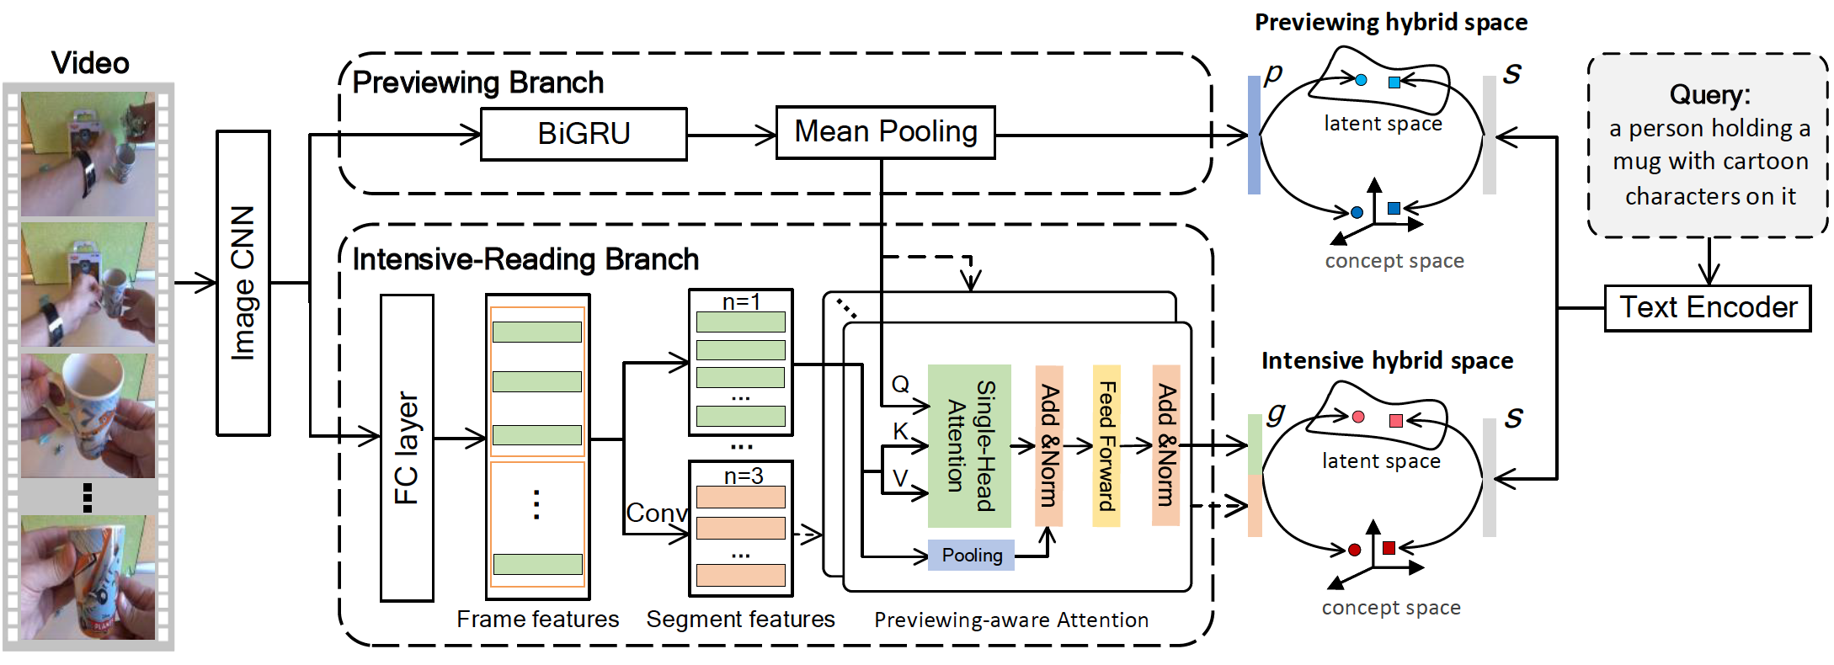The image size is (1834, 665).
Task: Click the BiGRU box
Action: pos(584,134)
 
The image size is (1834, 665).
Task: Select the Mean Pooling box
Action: pos(885,132)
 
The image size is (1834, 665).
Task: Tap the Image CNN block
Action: pos(243,283)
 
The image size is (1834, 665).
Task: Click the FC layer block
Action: pos(407,448)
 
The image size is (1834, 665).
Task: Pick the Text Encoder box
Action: pos(1708,308)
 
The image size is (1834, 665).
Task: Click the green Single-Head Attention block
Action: pos(969,445)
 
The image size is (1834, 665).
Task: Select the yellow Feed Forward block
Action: pos(1106,445)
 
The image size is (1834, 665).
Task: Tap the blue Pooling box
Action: pos(971,556)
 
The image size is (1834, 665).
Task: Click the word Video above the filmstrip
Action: pos(90,63)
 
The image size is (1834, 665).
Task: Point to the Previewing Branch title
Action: pos(477,82)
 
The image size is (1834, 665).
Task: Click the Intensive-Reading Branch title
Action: pos(525,259)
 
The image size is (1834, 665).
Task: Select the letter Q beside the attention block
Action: pos(900,385)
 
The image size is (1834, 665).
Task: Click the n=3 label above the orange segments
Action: pos(744,476)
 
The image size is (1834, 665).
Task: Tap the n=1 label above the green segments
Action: pos(741,301)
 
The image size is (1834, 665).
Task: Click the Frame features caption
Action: pos(537,620)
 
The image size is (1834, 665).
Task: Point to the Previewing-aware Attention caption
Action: pos(1010,620)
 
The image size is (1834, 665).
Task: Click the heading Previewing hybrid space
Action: pos(1391,23)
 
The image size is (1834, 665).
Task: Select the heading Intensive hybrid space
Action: pos(1387,361)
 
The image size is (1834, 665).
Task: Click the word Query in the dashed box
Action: pos(1709,94)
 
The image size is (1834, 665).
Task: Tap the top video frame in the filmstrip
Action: pos(88,154)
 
